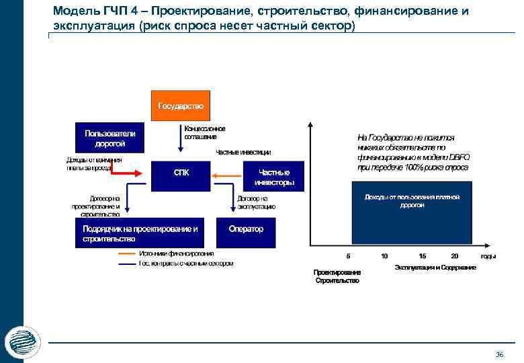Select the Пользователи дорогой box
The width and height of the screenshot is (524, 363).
(110, 138)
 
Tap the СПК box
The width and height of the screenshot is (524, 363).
(181, 173)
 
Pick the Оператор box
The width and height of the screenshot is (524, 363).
(246, 230)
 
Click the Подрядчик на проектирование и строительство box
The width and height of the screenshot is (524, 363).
(140, 233)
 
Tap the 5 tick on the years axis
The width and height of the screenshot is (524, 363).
(348, 256)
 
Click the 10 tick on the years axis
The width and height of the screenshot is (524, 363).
(384, 256)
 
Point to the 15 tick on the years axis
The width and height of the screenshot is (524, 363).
(422, 256)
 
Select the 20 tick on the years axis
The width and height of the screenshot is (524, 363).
(455, 256)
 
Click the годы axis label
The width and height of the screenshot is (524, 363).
(488, 257)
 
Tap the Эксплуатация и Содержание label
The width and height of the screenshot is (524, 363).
(435, 268)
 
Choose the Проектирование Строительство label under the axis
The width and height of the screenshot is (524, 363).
(337, 276)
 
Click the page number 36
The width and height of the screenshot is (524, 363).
(499, 354)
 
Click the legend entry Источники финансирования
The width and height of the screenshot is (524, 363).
(177, 253)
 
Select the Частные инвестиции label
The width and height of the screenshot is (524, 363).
(243, 152)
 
